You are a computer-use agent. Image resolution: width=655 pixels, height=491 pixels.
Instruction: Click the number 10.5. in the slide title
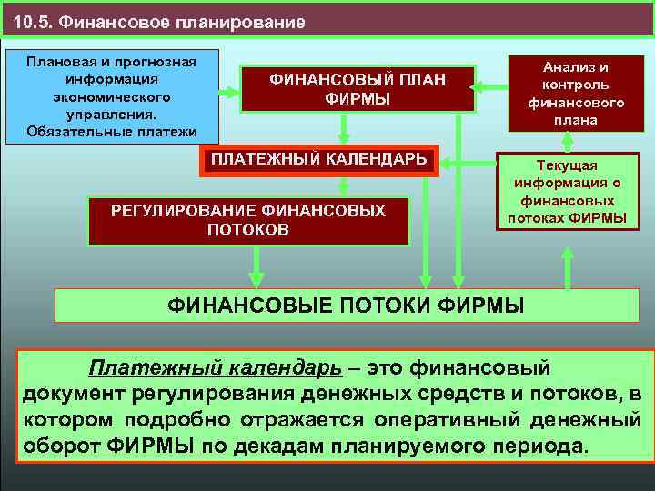(34, 21)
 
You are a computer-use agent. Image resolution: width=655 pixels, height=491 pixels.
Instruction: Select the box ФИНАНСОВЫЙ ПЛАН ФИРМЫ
(357, 90)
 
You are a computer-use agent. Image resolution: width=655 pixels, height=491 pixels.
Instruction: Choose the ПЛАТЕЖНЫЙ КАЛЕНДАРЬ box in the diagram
(318, 160)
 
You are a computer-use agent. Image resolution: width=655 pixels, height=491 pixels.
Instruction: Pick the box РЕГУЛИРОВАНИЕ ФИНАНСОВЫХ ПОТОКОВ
(247, 220)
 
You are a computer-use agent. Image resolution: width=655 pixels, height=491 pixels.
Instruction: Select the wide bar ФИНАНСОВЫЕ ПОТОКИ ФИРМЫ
(346, 305)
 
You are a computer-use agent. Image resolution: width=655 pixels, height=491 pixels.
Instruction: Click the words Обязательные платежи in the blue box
(113, 131)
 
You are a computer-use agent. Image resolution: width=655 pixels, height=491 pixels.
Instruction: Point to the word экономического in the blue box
(113, 96)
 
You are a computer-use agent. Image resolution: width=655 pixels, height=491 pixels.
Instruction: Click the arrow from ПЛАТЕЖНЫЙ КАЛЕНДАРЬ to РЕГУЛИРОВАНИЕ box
(343, 186)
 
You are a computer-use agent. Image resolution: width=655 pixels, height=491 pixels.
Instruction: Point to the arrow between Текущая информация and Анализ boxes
(567, 142)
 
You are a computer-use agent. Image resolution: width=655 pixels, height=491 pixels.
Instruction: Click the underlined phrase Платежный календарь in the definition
(215, 368)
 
